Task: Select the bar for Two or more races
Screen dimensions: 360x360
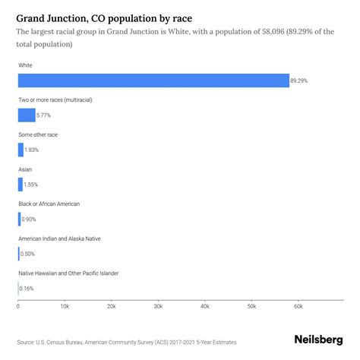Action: [x=27, y=115]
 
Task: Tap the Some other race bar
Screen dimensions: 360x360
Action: [x=21, y=150]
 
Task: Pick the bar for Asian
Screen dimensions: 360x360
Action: [x=21, y=185]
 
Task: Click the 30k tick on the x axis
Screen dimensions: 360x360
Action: [x=158, y=306]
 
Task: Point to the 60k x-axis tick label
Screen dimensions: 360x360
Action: [x=298, y=306]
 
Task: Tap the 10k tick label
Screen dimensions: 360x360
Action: [x=65, y=306]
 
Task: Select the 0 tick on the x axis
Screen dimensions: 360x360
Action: [x=18, y=306]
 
